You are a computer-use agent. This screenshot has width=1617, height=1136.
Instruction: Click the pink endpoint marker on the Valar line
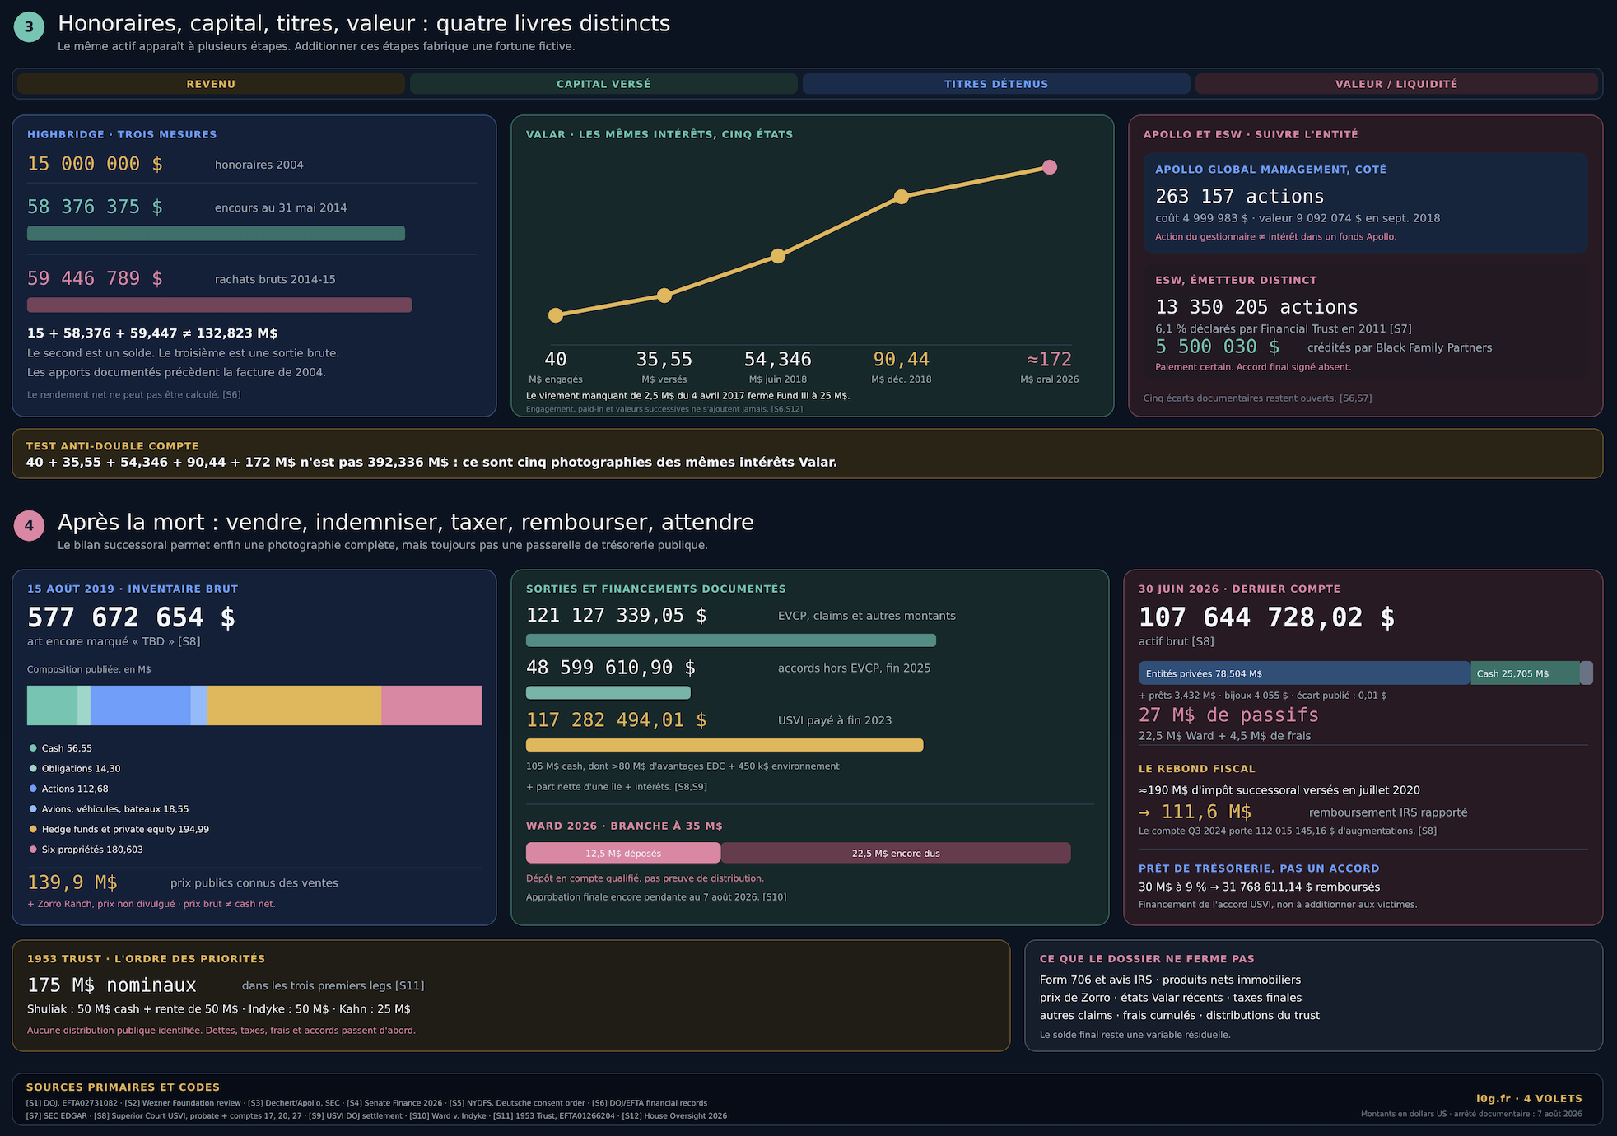coord(1049,167)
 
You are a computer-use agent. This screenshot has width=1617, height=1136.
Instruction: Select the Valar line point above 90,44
coord(902,197)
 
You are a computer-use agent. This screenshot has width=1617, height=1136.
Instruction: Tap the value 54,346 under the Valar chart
coord(777,360)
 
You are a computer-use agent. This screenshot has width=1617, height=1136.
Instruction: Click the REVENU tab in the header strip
coord(211,84)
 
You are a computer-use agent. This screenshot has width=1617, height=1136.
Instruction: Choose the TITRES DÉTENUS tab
coord(996,84)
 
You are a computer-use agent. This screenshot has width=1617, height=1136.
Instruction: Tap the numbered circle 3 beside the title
coord(29,26)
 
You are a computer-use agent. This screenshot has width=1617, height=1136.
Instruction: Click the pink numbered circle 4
coord(29,525)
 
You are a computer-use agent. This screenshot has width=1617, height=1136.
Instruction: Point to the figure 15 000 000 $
coord(95,164)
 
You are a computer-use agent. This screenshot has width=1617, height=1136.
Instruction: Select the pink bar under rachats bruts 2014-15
coord(219,305)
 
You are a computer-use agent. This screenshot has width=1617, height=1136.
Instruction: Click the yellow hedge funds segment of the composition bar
coord(295,705)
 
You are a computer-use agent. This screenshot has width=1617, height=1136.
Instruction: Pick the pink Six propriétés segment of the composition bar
coord(431,705)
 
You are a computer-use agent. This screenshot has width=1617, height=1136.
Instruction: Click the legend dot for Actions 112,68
coord(33,789)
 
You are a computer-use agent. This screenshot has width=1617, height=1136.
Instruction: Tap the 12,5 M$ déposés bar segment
coord(623,853)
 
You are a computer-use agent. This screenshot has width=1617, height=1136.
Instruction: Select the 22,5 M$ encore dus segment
coord(896,853)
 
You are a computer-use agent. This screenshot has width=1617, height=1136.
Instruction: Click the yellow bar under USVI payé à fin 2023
coord(725,745)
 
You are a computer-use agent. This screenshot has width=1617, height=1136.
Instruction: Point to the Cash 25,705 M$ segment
coord(1525,673)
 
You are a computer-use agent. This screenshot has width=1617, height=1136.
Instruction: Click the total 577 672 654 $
coord(131,617)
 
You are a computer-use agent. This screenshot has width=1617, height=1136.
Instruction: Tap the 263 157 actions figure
coord(1239,197)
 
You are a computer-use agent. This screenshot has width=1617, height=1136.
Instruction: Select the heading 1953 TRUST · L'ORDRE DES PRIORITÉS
coord(146,959)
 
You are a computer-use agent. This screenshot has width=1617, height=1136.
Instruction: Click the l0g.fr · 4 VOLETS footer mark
coord(1529,1099)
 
